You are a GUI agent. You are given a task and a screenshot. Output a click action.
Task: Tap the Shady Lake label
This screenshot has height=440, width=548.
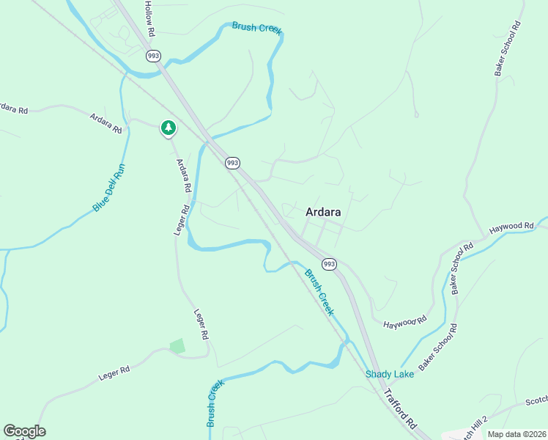point(390,374)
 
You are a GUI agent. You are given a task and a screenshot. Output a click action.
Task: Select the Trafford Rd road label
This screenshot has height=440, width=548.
point(399,410)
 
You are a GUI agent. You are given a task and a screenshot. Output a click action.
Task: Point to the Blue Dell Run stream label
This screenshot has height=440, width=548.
point(109,188)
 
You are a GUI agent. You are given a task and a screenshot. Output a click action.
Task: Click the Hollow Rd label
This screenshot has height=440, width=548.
point(149,16)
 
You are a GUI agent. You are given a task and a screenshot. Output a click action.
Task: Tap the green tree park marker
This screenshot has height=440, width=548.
point(169,128)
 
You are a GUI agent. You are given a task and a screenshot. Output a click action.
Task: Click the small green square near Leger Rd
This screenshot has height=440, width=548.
point(177,345)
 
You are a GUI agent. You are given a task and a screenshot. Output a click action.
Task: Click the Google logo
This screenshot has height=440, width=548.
point(24,431)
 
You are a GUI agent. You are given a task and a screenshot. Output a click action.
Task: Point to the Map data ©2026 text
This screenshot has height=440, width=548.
point(517,434)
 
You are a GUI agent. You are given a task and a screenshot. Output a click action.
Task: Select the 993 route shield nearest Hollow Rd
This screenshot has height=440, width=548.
point(153,56)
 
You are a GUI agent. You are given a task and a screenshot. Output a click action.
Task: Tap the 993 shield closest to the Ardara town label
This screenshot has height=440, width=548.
point(329,263)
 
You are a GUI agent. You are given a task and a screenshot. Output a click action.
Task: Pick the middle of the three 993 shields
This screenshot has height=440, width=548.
point(232,163)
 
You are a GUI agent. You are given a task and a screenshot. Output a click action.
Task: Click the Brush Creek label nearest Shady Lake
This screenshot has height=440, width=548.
point(319,292)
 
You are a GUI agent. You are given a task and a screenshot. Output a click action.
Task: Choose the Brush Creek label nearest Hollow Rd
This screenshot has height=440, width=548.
point(256,28)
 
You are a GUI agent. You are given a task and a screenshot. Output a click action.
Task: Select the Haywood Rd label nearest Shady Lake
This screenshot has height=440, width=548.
point(404,321)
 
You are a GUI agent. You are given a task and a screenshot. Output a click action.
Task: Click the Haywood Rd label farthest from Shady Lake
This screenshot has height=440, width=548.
point(511,227)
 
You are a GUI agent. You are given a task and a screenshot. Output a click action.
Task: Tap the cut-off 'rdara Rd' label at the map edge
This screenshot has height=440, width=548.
point(13,108)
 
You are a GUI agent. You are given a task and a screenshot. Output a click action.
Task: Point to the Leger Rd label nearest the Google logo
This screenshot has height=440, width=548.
point(114,373)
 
